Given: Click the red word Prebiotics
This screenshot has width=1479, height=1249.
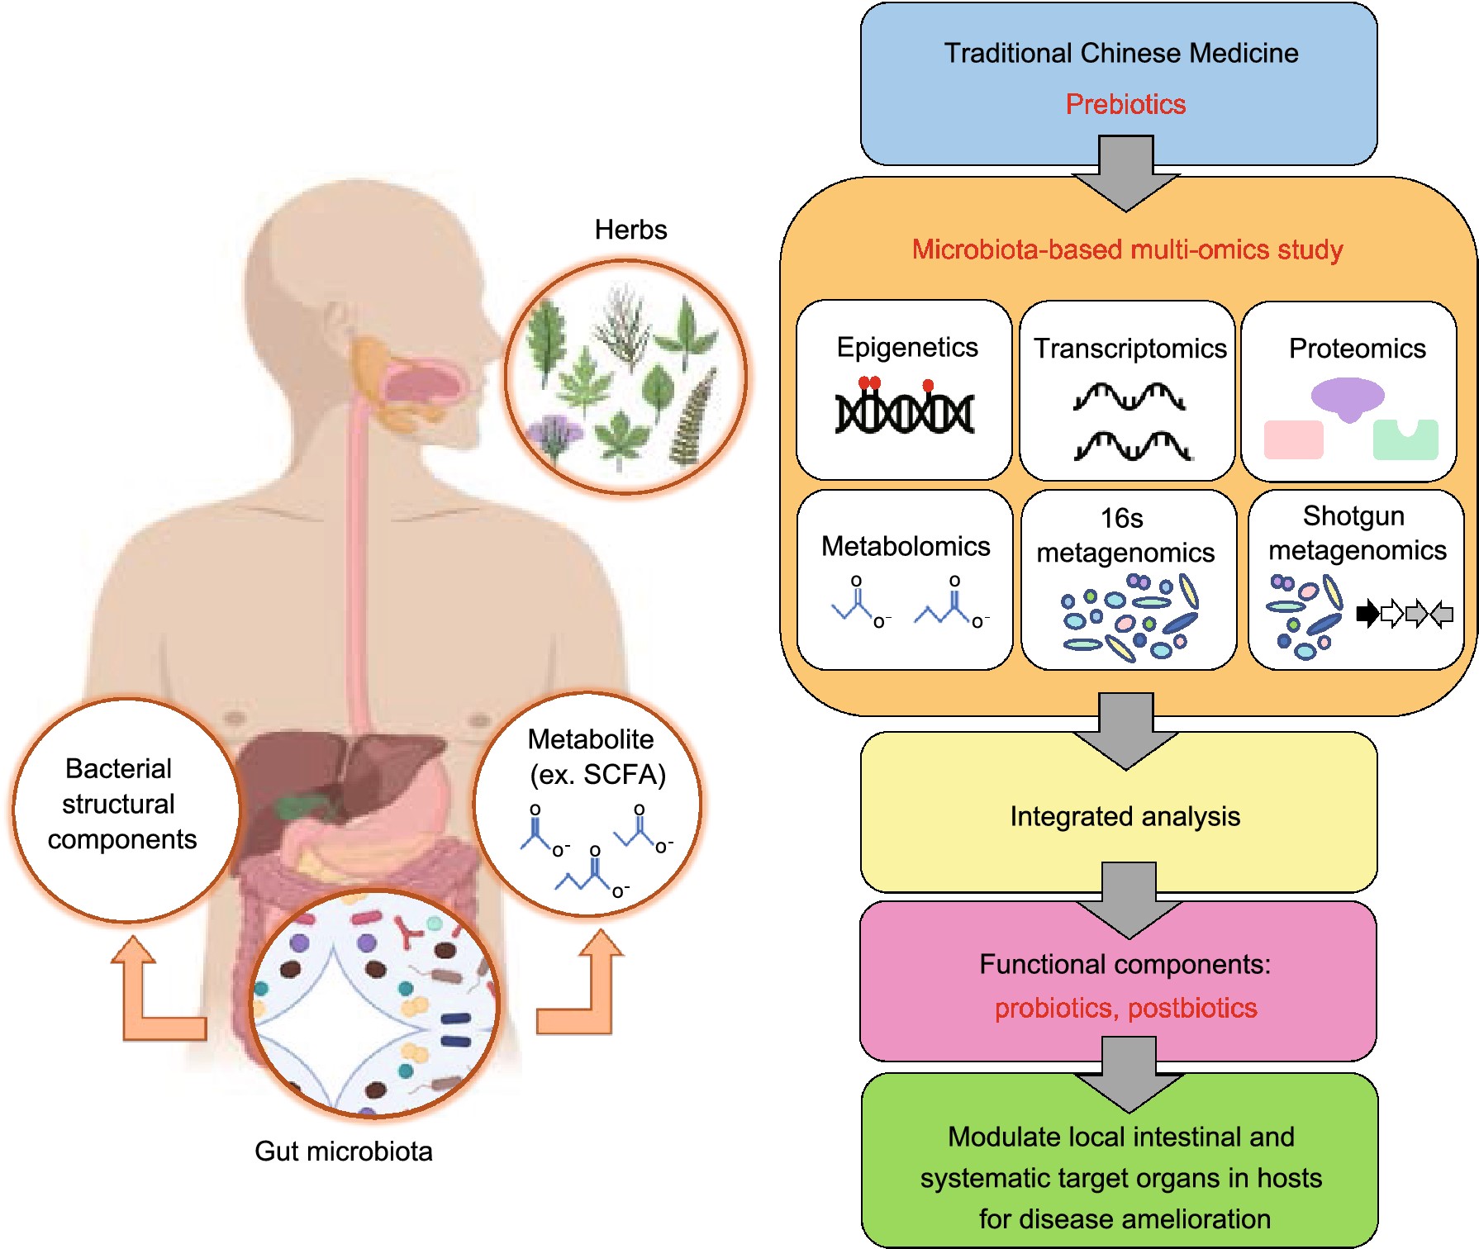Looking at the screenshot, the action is [x=1125, y=104].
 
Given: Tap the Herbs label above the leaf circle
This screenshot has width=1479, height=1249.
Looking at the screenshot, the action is [x=630, y=230].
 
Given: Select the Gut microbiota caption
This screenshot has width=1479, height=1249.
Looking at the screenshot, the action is [x=344, y=1151].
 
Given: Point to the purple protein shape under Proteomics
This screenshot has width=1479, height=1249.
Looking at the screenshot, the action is [x=1348, y=398].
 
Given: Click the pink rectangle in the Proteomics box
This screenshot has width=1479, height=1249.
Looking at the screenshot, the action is [x=1294, y=439].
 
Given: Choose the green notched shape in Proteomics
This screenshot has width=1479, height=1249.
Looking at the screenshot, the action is [x=1405, y=439].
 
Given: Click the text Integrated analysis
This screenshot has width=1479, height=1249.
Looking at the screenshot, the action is [x=1125, y=816].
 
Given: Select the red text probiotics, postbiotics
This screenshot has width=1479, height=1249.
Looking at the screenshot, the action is [x=1125, y=1008].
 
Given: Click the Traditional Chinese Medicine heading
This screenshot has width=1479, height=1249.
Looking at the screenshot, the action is [x=1121, y=53].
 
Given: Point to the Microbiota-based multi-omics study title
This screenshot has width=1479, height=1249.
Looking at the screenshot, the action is [x=1127, y=249].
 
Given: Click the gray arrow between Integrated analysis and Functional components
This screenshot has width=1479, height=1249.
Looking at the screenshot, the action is [x=1129, y=900].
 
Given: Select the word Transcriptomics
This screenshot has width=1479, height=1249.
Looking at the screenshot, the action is [x=1129, y=349].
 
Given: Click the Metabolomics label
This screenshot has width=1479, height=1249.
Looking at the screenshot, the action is [x=906, y=546].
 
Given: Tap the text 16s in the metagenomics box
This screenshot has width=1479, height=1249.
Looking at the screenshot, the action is [x=1121, y=518].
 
